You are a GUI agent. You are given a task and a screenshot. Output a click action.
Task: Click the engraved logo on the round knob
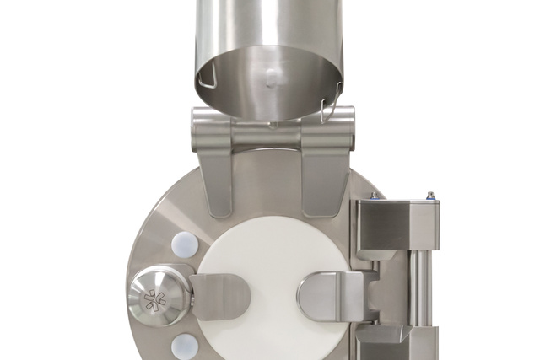coord(155,300)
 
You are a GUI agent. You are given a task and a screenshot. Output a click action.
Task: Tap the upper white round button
coord(185,244)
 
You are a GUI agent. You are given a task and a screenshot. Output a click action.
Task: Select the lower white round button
coord(185,346)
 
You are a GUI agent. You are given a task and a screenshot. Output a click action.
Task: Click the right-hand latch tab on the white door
coord(329,297)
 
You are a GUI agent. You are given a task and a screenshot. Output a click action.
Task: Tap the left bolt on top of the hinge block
coord(374,196)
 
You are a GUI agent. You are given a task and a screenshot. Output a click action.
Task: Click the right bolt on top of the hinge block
coord(430,196)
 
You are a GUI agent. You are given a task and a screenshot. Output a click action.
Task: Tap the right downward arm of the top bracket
coord(326,173)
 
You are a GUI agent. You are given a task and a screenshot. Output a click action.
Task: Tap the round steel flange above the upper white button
coord(169,211)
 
